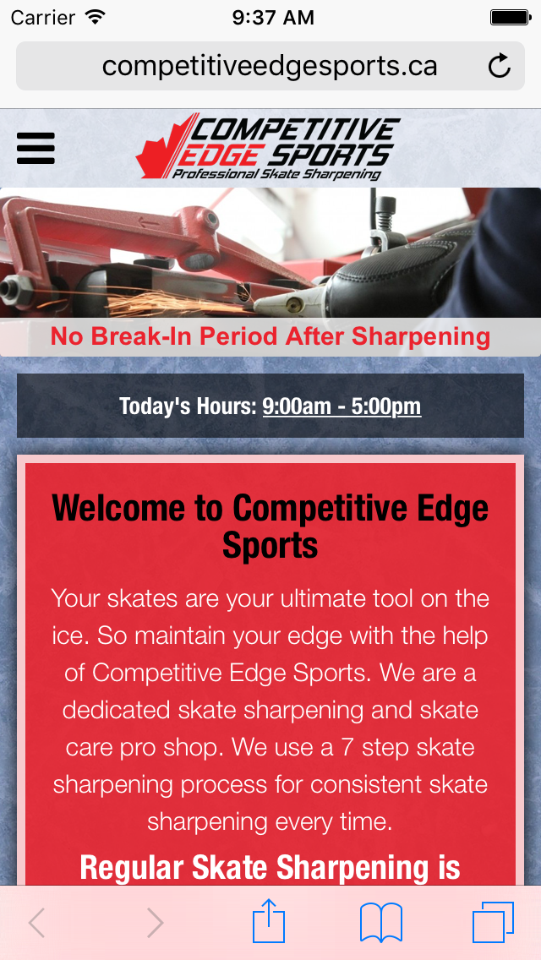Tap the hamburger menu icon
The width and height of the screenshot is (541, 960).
(x=36, y=148)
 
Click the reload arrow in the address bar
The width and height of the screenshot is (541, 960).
(x=500, y=66)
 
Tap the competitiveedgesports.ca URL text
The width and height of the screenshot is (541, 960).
(x=270, y=66)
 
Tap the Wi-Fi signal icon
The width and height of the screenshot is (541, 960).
(x=95, y=17)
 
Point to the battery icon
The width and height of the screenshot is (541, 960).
(x=510, y=17)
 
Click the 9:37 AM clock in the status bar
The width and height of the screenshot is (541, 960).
(x=273, y=18)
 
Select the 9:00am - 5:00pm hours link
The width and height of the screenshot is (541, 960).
(x=342, y=406)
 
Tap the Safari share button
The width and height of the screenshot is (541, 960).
(x=269, y=921)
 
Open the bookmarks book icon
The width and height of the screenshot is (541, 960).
(x=381, y=923)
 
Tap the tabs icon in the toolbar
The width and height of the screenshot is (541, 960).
(x=493, y=923)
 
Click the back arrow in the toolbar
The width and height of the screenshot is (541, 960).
(x=36, y=923)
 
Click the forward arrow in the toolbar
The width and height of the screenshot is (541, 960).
(x=155, y=923)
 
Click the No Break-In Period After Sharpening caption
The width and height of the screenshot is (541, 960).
(x=270, y=336)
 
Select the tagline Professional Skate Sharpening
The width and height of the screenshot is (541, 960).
(x=276, y=174)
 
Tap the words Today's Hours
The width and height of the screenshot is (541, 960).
(x=188, y=406)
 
